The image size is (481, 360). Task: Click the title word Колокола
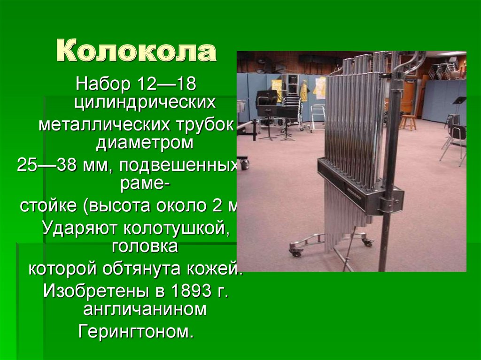click(137, 53)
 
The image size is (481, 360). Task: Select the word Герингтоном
click(136, 332)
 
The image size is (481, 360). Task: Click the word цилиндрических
click(145, 102)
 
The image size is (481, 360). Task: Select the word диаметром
click(145, 143)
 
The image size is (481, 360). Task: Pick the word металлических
click(104, 125)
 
